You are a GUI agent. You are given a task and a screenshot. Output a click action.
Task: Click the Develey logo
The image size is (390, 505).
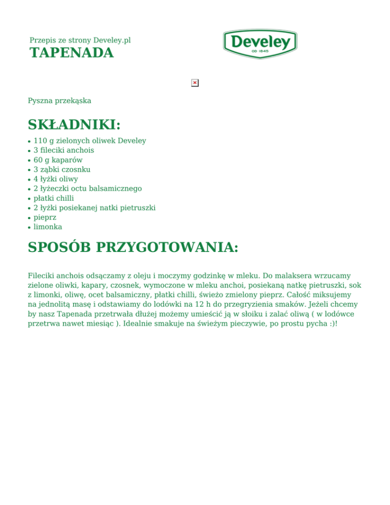260,44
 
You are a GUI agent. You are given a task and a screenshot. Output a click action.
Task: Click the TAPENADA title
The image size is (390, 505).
72,53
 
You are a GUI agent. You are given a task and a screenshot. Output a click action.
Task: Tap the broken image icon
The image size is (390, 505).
195,83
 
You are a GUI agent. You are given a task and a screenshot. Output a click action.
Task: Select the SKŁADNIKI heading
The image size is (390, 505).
74,124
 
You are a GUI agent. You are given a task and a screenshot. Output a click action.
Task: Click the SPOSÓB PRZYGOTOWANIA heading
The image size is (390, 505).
133,247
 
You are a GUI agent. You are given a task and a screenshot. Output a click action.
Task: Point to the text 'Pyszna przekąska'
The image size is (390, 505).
59,101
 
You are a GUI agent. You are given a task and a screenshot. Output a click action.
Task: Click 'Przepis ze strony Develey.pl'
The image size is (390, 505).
80,40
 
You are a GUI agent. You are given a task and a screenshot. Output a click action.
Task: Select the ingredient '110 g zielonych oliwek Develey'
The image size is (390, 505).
89,141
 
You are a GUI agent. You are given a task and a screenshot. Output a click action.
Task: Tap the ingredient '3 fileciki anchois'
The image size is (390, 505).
63,150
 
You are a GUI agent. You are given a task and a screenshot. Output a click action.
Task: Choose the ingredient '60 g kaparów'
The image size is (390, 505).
58,160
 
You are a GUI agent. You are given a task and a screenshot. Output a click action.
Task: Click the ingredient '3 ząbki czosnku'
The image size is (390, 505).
62,170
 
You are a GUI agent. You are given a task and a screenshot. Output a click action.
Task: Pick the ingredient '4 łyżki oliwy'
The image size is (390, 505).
56,179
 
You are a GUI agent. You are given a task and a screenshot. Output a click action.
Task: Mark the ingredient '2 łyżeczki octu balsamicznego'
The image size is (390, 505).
88,188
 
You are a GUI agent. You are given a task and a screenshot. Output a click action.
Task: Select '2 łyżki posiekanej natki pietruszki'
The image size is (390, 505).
94,208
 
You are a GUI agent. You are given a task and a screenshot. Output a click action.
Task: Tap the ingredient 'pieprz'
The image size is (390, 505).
45,217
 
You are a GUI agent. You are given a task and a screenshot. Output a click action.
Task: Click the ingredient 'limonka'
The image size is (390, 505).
48,227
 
